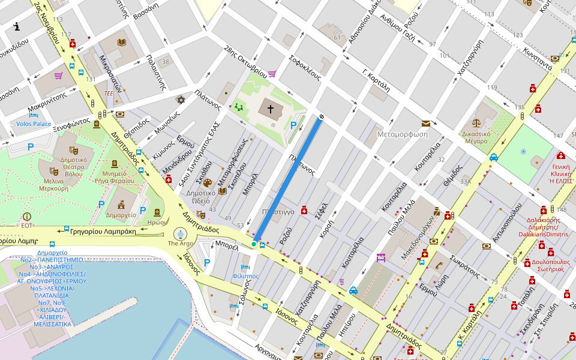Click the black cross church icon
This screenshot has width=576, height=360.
(271, 109)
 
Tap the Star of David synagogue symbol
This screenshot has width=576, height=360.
(181, 100)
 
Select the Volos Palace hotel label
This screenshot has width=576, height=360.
(34, 124)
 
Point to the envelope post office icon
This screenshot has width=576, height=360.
(425, 123)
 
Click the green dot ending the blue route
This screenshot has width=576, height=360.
(254, 244)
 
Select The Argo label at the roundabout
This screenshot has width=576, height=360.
(180, 244)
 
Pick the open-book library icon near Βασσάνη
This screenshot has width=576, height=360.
(122, 43)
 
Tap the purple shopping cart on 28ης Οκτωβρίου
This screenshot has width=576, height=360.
(272, 74)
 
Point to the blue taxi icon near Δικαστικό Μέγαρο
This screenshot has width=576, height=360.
(494, 158)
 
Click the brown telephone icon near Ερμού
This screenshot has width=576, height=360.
(439, 265)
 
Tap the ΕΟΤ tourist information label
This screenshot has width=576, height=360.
(26, 226)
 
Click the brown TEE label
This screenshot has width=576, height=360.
(109, 94)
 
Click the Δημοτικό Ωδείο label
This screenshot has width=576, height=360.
(201, 197)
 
